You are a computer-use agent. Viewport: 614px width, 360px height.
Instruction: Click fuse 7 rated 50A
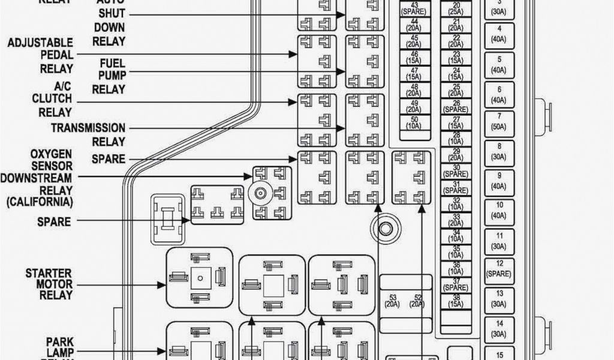[499, 121]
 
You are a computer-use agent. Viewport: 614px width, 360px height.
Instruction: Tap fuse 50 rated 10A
[413, 122]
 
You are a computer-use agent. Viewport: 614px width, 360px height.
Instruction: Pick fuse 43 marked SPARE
[413, 10]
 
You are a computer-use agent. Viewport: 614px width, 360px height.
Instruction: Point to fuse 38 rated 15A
[456, 301]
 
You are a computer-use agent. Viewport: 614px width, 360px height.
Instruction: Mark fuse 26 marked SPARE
[456, 107]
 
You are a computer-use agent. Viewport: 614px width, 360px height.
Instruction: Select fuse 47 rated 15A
[413, 74]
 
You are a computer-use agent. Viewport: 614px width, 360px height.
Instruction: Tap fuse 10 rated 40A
[499, 209]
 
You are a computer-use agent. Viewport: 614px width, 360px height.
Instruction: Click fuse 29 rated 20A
[456, 155]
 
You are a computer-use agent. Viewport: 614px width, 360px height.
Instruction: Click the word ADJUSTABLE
[41, 43]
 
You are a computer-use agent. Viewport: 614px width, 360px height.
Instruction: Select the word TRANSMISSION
[88, 128]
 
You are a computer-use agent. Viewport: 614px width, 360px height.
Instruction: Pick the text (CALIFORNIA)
[40, 202]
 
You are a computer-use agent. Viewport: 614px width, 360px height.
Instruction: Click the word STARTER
[49, 274]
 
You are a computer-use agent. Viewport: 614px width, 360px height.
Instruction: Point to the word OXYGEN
[52, 154]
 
